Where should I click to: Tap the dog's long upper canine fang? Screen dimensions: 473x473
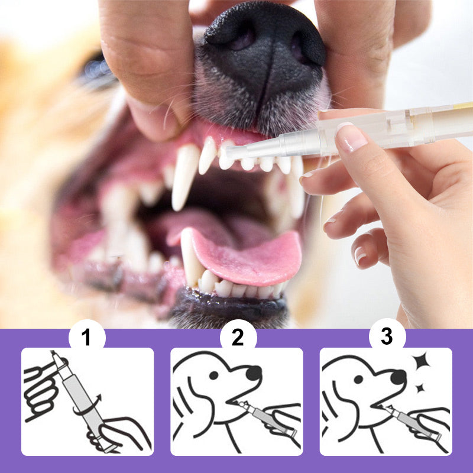point(184,175)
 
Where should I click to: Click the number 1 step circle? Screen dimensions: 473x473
point(87,337)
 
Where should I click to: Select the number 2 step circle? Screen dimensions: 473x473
point(238,337)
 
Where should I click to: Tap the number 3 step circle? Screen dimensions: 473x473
point(387,336)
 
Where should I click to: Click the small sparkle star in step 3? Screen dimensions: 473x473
point(420,388)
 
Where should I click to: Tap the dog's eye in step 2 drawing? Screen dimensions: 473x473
point(213,375)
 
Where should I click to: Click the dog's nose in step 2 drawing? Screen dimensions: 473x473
point(254,373)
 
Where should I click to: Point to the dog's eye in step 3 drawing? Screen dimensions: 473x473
point(358,379)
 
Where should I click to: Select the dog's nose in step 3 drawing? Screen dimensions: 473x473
point(398,377)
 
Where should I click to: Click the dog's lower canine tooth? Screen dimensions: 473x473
point(189,257)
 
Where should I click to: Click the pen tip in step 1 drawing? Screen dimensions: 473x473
point(55,356)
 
